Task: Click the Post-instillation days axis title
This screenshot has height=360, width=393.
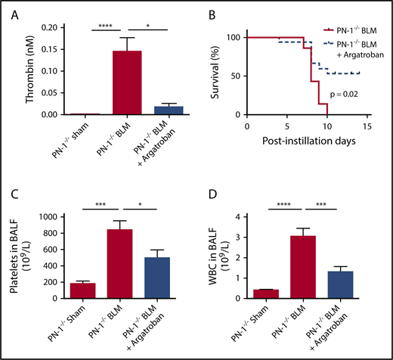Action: (x=311, y=141)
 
